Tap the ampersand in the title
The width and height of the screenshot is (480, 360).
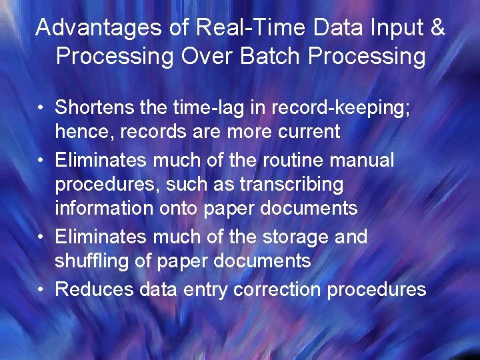(x=437, y=27)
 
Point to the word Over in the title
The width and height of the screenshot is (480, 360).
(x=201, y=55)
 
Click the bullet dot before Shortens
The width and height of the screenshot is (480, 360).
(x=41, y=108)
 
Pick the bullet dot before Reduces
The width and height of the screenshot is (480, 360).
(x=41, y=290)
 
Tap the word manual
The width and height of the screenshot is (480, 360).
(x=363, y=160)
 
